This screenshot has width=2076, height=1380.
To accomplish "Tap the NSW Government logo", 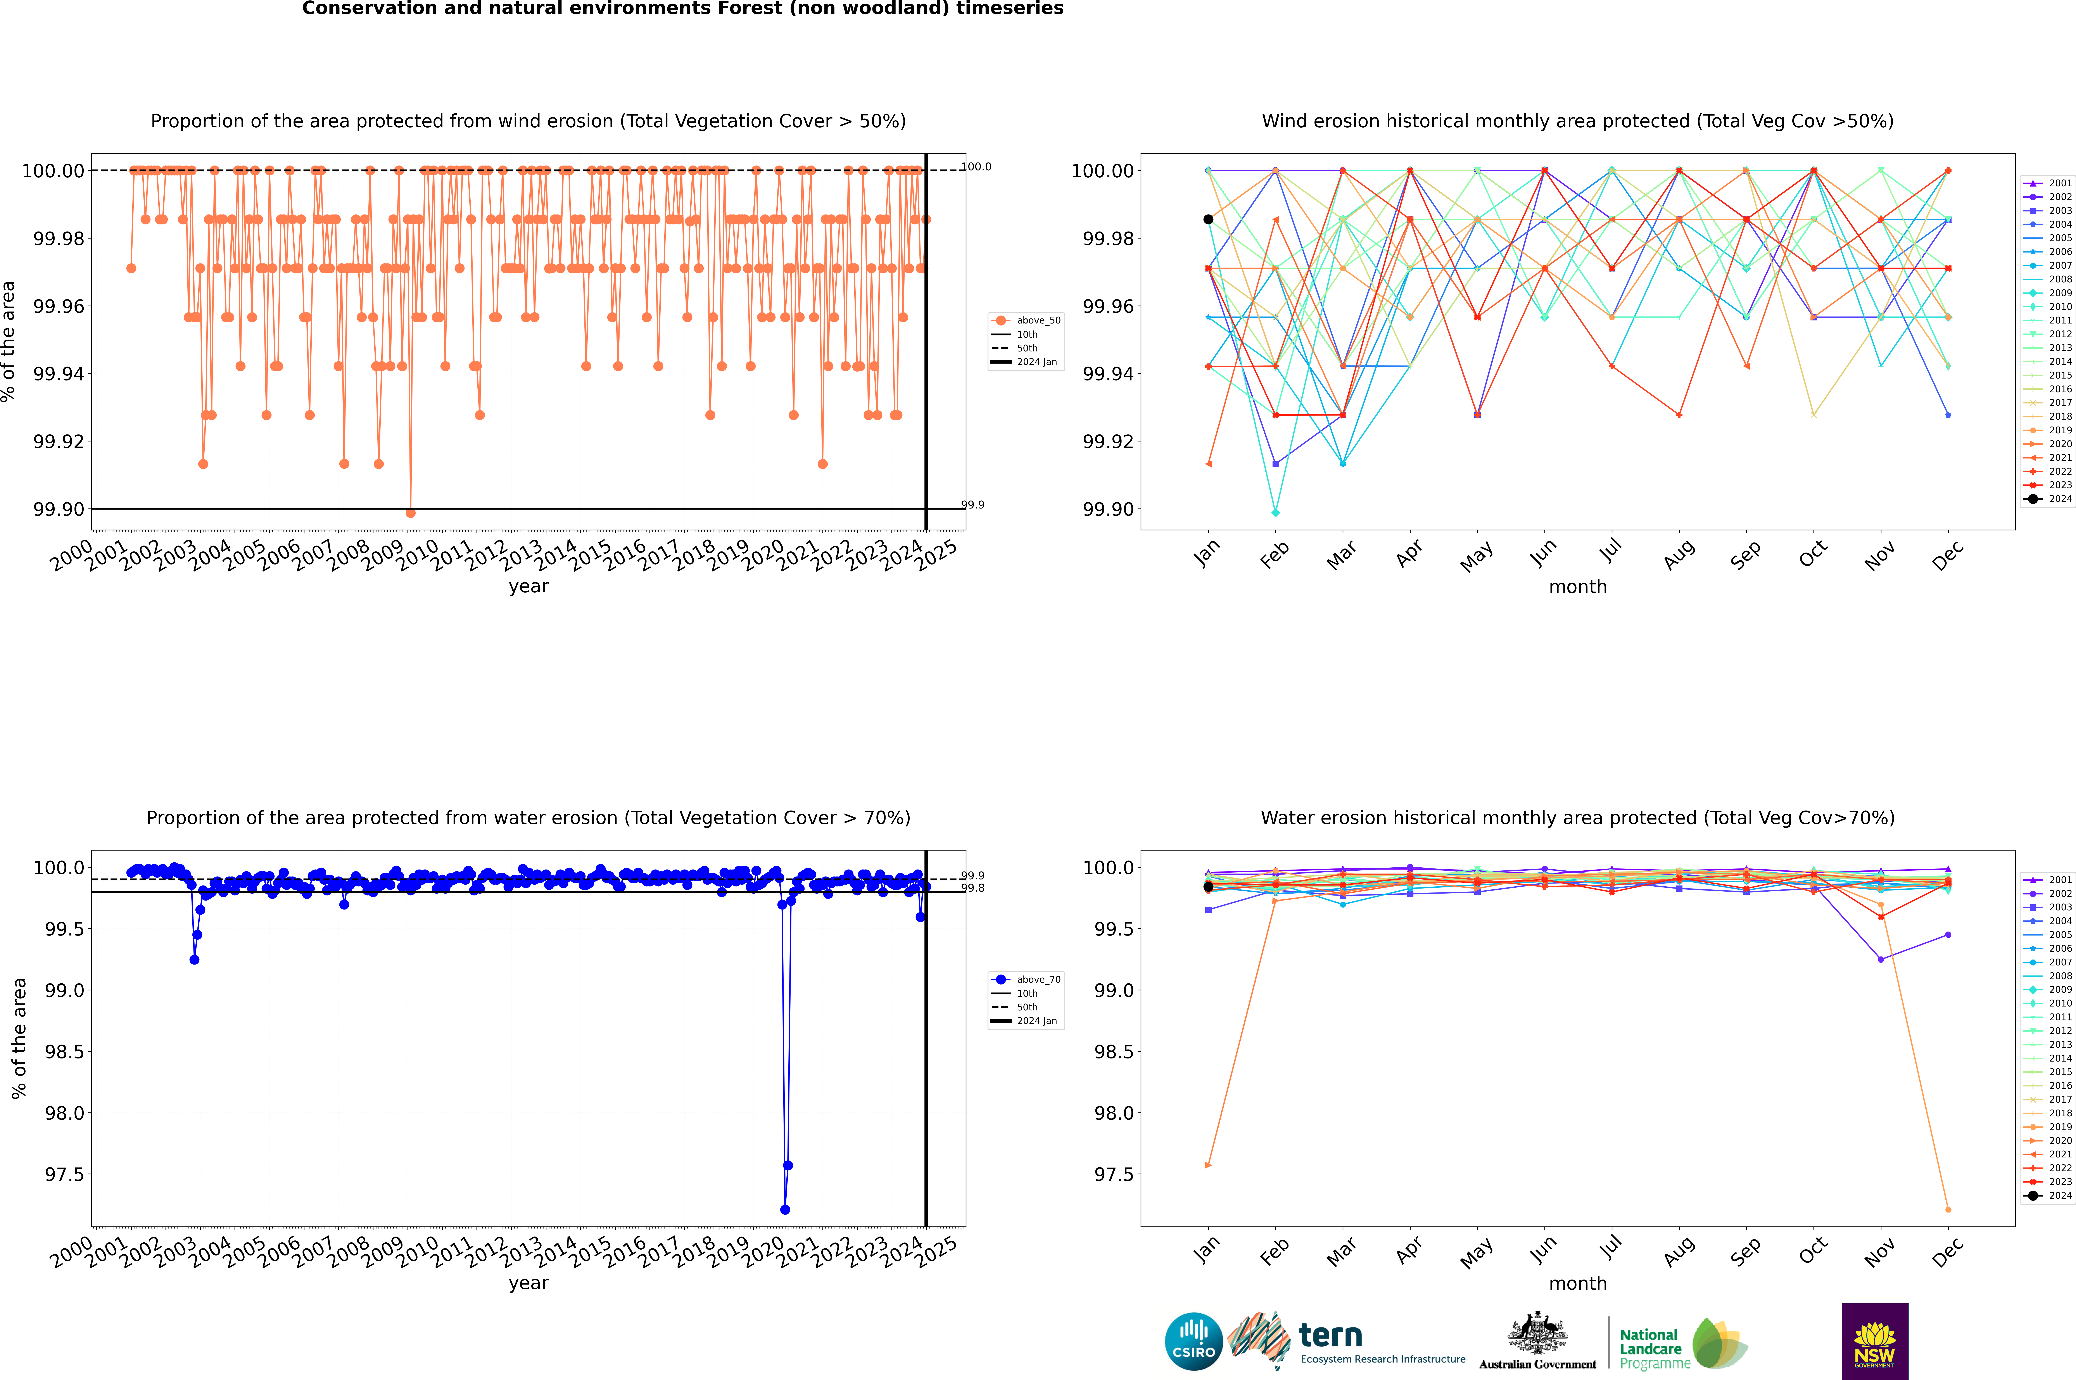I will [x=1874, y=1341].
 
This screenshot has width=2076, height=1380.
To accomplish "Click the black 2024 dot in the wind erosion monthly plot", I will [x=1208, y=219].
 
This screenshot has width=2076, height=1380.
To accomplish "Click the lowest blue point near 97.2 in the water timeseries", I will [x=785, y=1209].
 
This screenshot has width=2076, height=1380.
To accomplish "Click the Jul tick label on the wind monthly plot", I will [x=1610, y=552].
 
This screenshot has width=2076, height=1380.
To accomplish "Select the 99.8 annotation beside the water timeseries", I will [x=972, y=888].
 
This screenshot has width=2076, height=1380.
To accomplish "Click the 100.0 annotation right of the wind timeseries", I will [x=976, y=166].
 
